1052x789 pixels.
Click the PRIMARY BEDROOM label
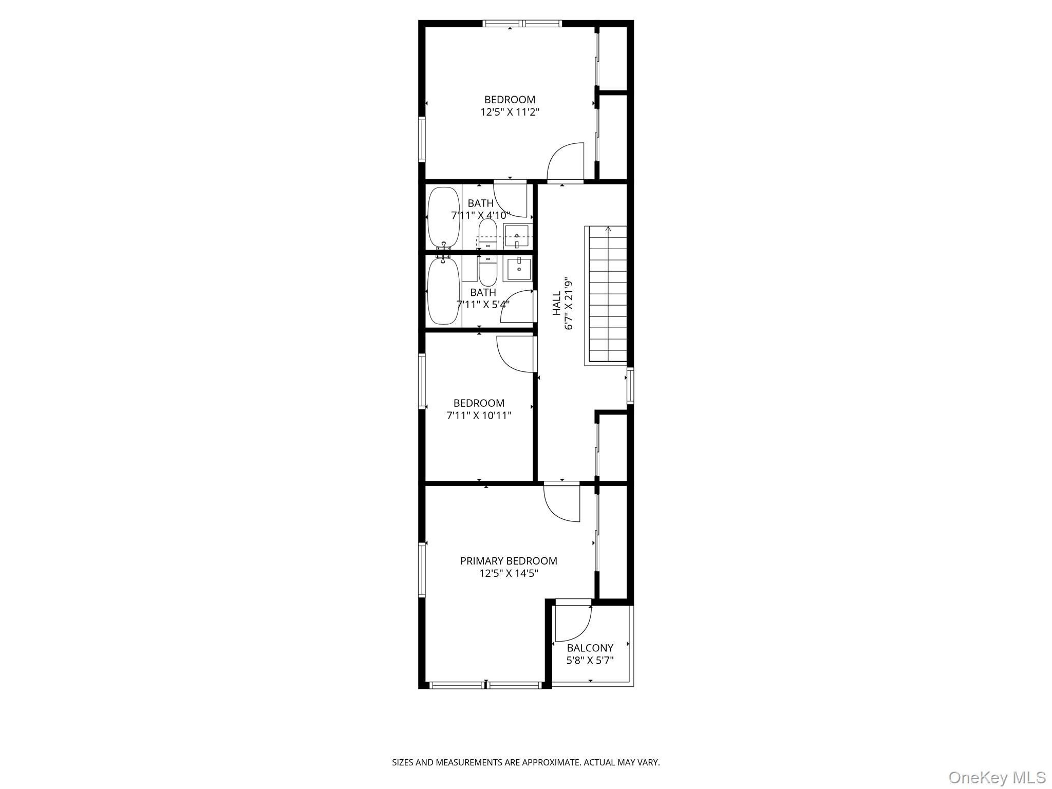click(509, 561)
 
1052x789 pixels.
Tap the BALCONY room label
click(590, 648)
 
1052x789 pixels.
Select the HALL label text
click(557, 304)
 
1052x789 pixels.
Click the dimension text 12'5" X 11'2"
click(510, 112)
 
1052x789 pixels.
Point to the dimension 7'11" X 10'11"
click(479, 416)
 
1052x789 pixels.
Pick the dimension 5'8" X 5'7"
click(590, 661)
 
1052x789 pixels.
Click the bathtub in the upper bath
click(444, 218)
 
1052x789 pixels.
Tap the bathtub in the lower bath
click(443, 291)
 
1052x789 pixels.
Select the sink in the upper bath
click(517, 236)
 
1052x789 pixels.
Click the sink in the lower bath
click(519, 269)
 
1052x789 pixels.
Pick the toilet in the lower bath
click(487, 271)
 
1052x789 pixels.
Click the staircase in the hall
click(606, 295)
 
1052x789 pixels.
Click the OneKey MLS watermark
click(997, 777)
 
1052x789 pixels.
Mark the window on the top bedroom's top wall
click(522, 24)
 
